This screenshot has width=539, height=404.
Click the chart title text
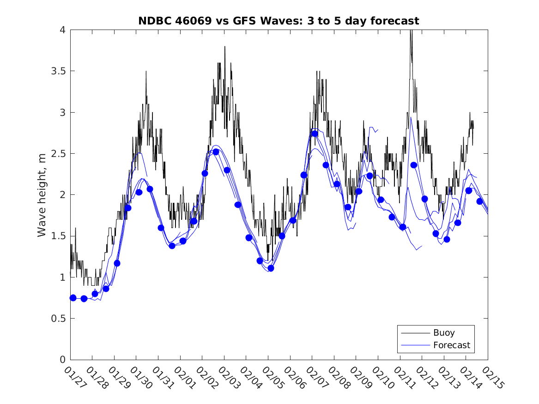(x=279, y=21)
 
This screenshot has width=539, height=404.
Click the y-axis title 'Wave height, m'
(x=42, y=194)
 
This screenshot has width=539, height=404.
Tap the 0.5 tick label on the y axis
(x=59, y=319)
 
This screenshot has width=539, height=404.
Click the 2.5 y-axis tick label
(x=59, y=154)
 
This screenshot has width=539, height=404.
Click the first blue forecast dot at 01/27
(x=73, y=298)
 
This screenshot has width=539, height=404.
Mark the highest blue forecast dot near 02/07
(x=315, y=134)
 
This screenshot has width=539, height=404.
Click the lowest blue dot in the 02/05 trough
(x=271, y=268)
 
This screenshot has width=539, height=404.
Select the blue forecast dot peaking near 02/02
(x=216, y=152)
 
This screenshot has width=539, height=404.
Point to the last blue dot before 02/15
(x=479, y=201)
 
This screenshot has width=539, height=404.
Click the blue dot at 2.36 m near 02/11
(x=414, y=165)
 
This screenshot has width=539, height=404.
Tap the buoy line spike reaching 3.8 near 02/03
(x=225, y=47)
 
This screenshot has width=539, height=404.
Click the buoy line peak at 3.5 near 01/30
(x=146, y=72)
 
